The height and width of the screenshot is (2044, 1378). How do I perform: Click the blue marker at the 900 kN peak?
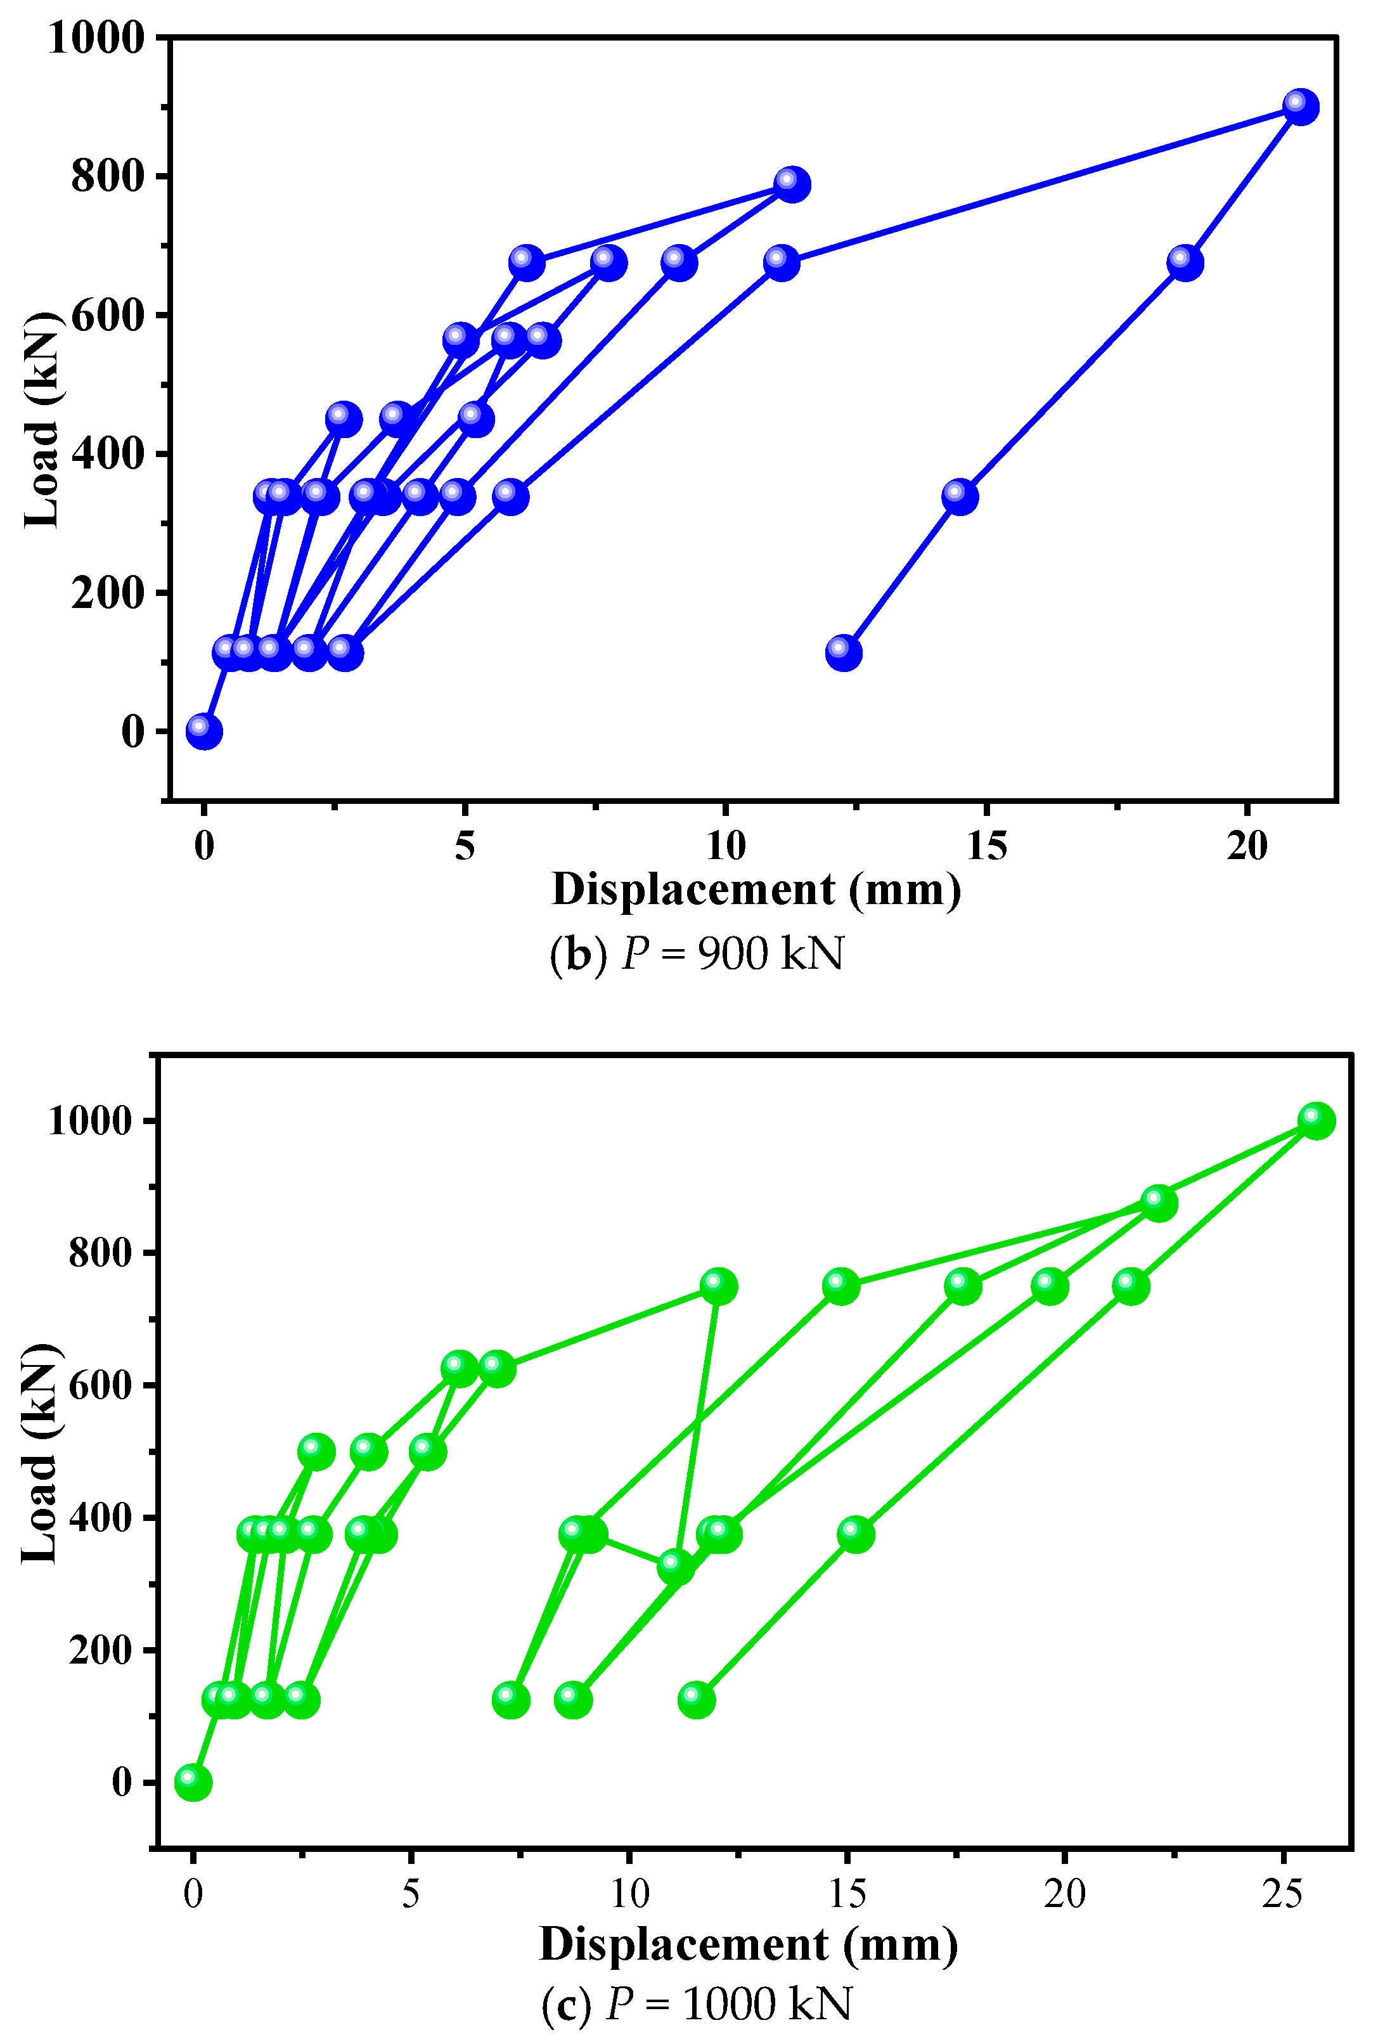click(x=1300, y=107)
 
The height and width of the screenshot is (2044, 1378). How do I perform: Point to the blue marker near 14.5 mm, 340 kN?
click(x=959, y=496)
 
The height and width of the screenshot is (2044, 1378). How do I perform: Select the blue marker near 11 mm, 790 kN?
click(x=791, y=184)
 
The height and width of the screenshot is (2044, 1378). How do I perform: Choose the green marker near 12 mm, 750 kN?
click(x=718, y=1286)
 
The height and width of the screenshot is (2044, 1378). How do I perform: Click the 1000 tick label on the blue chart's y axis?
click(x=96, y=39)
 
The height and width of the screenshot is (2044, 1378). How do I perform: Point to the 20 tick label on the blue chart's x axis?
click(x=1246, y=846)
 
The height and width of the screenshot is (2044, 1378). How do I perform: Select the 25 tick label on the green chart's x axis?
click(x=1282, y=1893)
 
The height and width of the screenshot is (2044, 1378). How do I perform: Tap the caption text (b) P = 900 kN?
click(x=696, y=954)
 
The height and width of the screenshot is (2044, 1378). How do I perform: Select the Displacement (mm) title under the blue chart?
click(x=756, y=890)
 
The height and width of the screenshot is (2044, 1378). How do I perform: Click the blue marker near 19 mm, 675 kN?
click(x=1185, y=262)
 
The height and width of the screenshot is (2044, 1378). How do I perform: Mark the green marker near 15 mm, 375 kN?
click(x=855, y=1534)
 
